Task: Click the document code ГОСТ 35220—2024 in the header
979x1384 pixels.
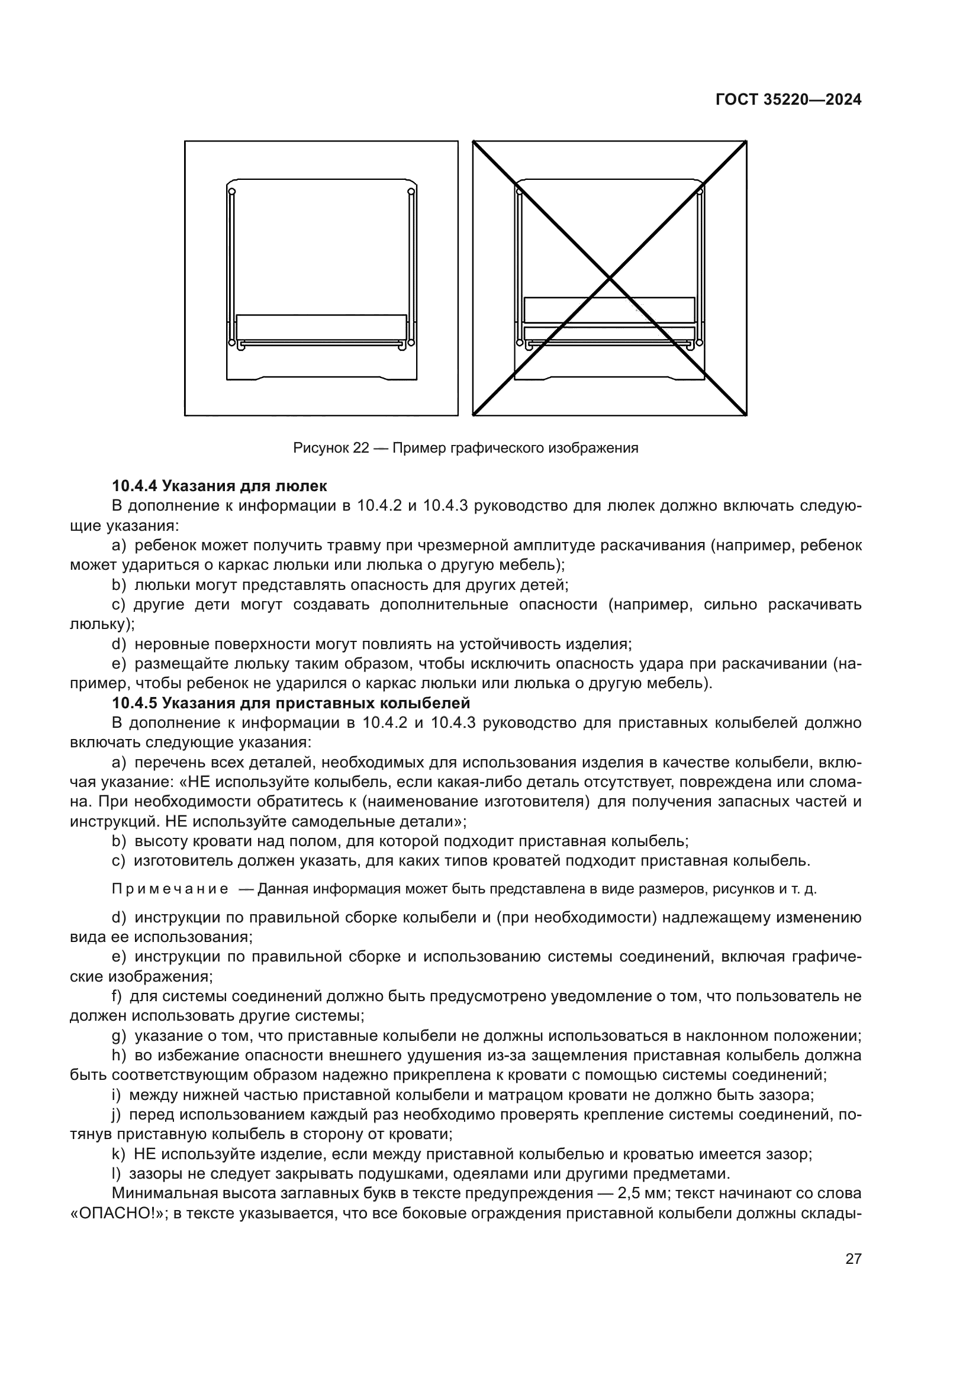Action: [x=788, y=100]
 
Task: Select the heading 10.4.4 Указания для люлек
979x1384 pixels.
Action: [x=220, y=485]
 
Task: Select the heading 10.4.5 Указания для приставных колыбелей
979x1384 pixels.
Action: [x=291, y=703]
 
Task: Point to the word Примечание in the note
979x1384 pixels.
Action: [x=170, y=889]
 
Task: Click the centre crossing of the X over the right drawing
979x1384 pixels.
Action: [x=610, y=279]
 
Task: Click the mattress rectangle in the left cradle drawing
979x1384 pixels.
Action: [x=321, y=327]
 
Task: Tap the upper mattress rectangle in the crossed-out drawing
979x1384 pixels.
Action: [x=609, y=310]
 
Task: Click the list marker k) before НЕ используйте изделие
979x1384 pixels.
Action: [x=119, y=1154]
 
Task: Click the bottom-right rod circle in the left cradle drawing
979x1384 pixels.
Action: [x=411, y=343]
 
